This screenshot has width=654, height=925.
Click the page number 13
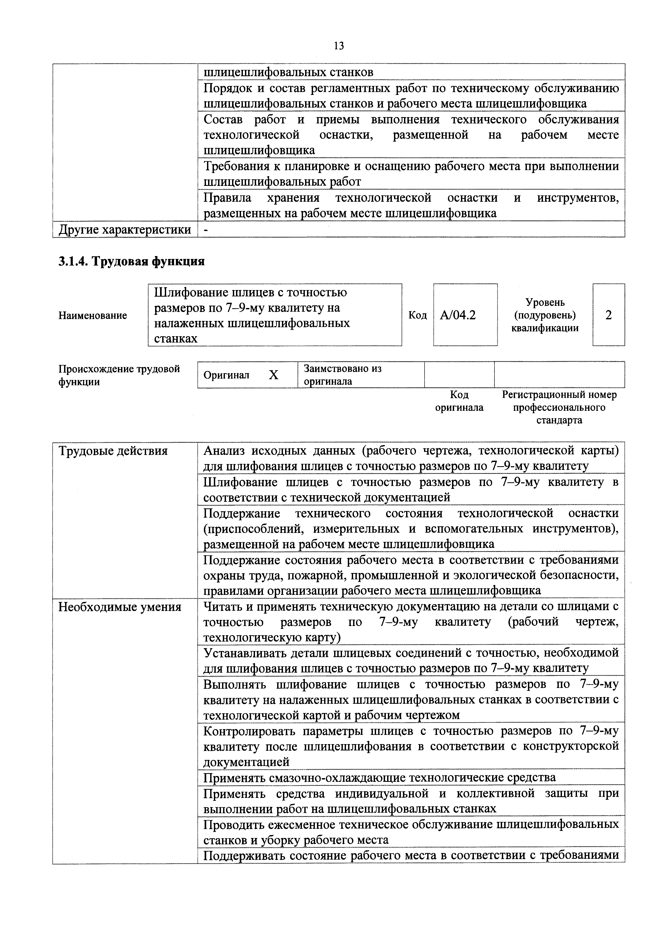pyautogui.click(x=339, y=46)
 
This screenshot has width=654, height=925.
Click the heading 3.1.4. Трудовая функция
pyautogui.click(x=131, y=262)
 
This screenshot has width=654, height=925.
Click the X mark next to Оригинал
pyautogui.click(x=274, y=375)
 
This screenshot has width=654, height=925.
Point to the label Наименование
pyautogui.click(x=92, y=315)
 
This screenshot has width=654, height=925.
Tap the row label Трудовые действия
pyautogui.click(x=113, y=451)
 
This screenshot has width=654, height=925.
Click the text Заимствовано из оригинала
pyautogui.click(x=343, y=375)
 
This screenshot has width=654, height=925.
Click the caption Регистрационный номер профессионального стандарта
pyautogui.click(x=559, y=407)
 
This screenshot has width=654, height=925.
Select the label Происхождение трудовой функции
pyautogui.click(x=119, y=375)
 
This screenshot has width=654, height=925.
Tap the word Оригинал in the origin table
pyautogui.click(x=227, y=375)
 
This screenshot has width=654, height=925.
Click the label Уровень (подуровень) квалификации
pyautogui.click(x=545, y=315)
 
